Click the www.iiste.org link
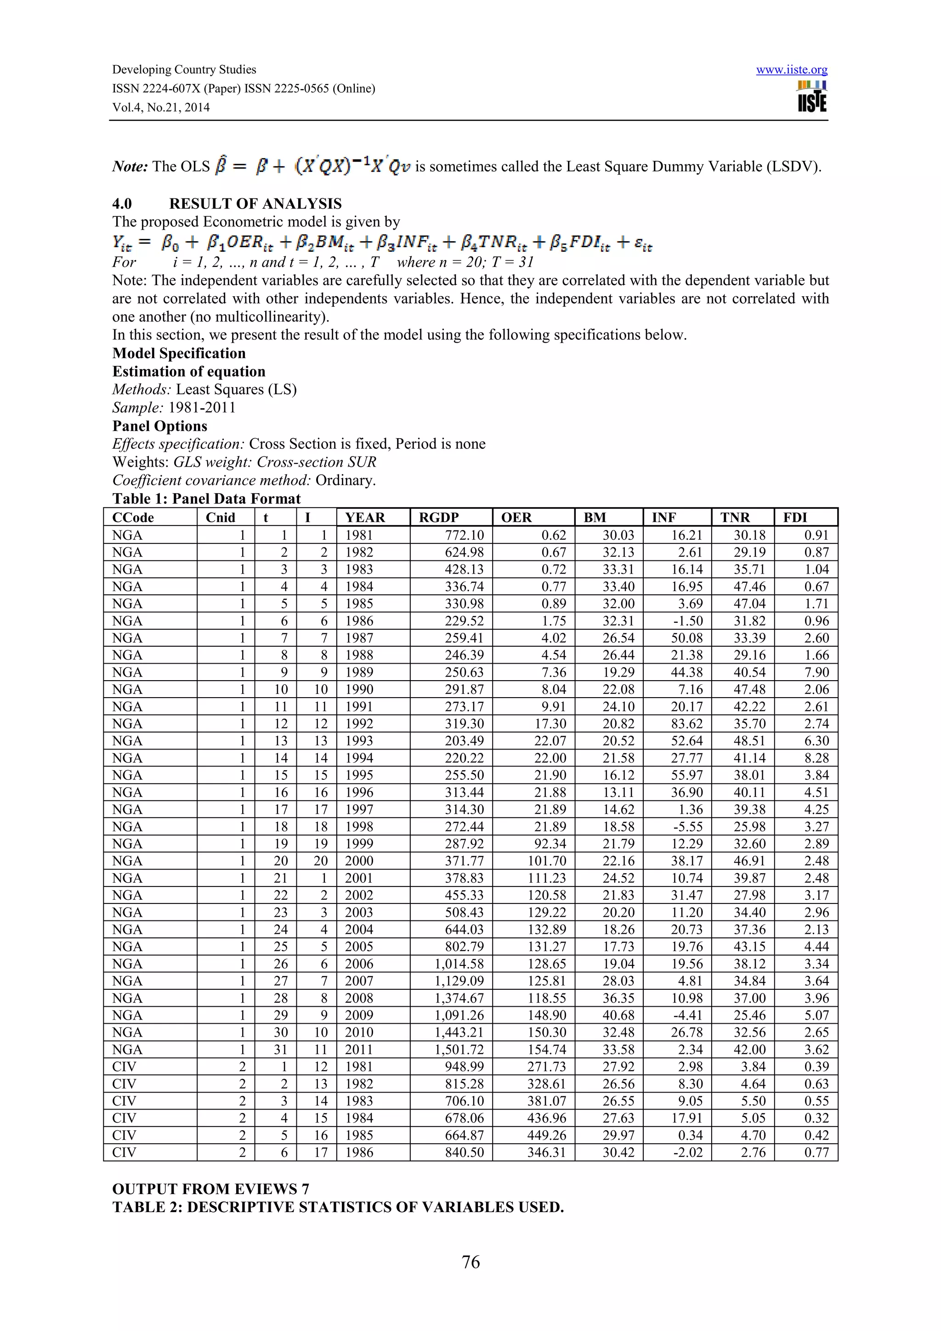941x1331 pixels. tap(791, 70)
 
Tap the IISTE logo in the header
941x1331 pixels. tap(812, 97)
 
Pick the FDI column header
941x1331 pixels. tap(795, 518)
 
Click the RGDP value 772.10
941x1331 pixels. tap(464, 535)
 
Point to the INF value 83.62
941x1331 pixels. tap(686, 723)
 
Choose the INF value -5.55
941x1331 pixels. tap(688, 827)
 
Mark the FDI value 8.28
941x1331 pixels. tap(816, 758)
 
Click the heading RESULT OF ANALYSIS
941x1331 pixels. tap(255, 203)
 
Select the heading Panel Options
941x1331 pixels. tap(159, 426)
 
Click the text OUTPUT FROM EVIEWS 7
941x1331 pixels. tap(210, 1189)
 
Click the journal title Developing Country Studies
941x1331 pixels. tap(184, 69)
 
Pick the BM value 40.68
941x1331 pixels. tap(618, 1015)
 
